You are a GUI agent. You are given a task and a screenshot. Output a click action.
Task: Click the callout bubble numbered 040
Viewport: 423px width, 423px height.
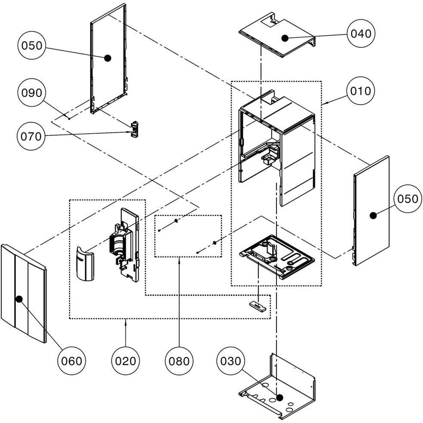click(x=361, y=33)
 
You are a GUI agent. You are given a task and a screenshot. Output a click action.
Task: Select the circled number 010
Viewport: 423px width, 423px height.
click(x=361, y=91)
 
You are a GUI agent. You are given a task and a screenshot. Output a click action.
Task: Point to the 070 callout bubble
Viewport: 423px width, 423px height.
click(x=31, y=136)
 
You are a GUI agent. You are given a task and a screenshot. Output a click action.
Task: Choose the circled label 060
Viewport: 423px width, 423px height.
click(x=71, y=361)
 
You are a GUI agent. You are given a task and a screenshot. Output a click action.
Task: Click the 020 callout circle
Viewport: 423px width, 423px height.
click(x=126, y=361)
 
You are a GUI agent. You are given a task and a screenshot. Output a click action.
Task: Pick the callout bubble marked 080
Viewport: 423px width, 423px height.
click(x=179, y=361)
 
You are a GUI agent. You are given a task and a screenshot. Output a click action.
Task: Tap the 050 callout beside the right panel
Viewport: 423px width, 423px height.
click(x=408, y=199)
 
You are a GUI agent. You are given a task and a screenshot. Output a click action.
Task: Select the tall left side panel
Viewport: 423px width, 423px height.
click(x=108, y=58)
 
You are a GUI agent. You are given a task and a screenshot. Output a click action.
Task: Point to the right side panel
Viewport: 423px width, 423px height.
click(x=372, y=211)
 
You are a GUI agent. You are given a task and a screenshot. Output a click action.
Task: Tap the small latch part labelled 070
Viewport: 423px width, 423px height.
click(x=135, y=129)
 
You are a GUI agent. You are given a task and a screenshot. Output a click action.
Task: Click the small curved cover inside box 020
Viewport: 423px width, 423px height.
click(x=85, y=264)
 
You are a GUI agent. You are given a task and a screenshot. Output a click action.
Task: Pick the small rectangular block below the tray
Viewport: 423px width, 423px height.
click(x=257, y=305)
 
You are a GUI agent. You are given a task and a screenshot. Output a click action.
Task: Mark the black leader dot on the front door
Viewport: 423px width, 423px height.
click(x=19, y=298)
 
